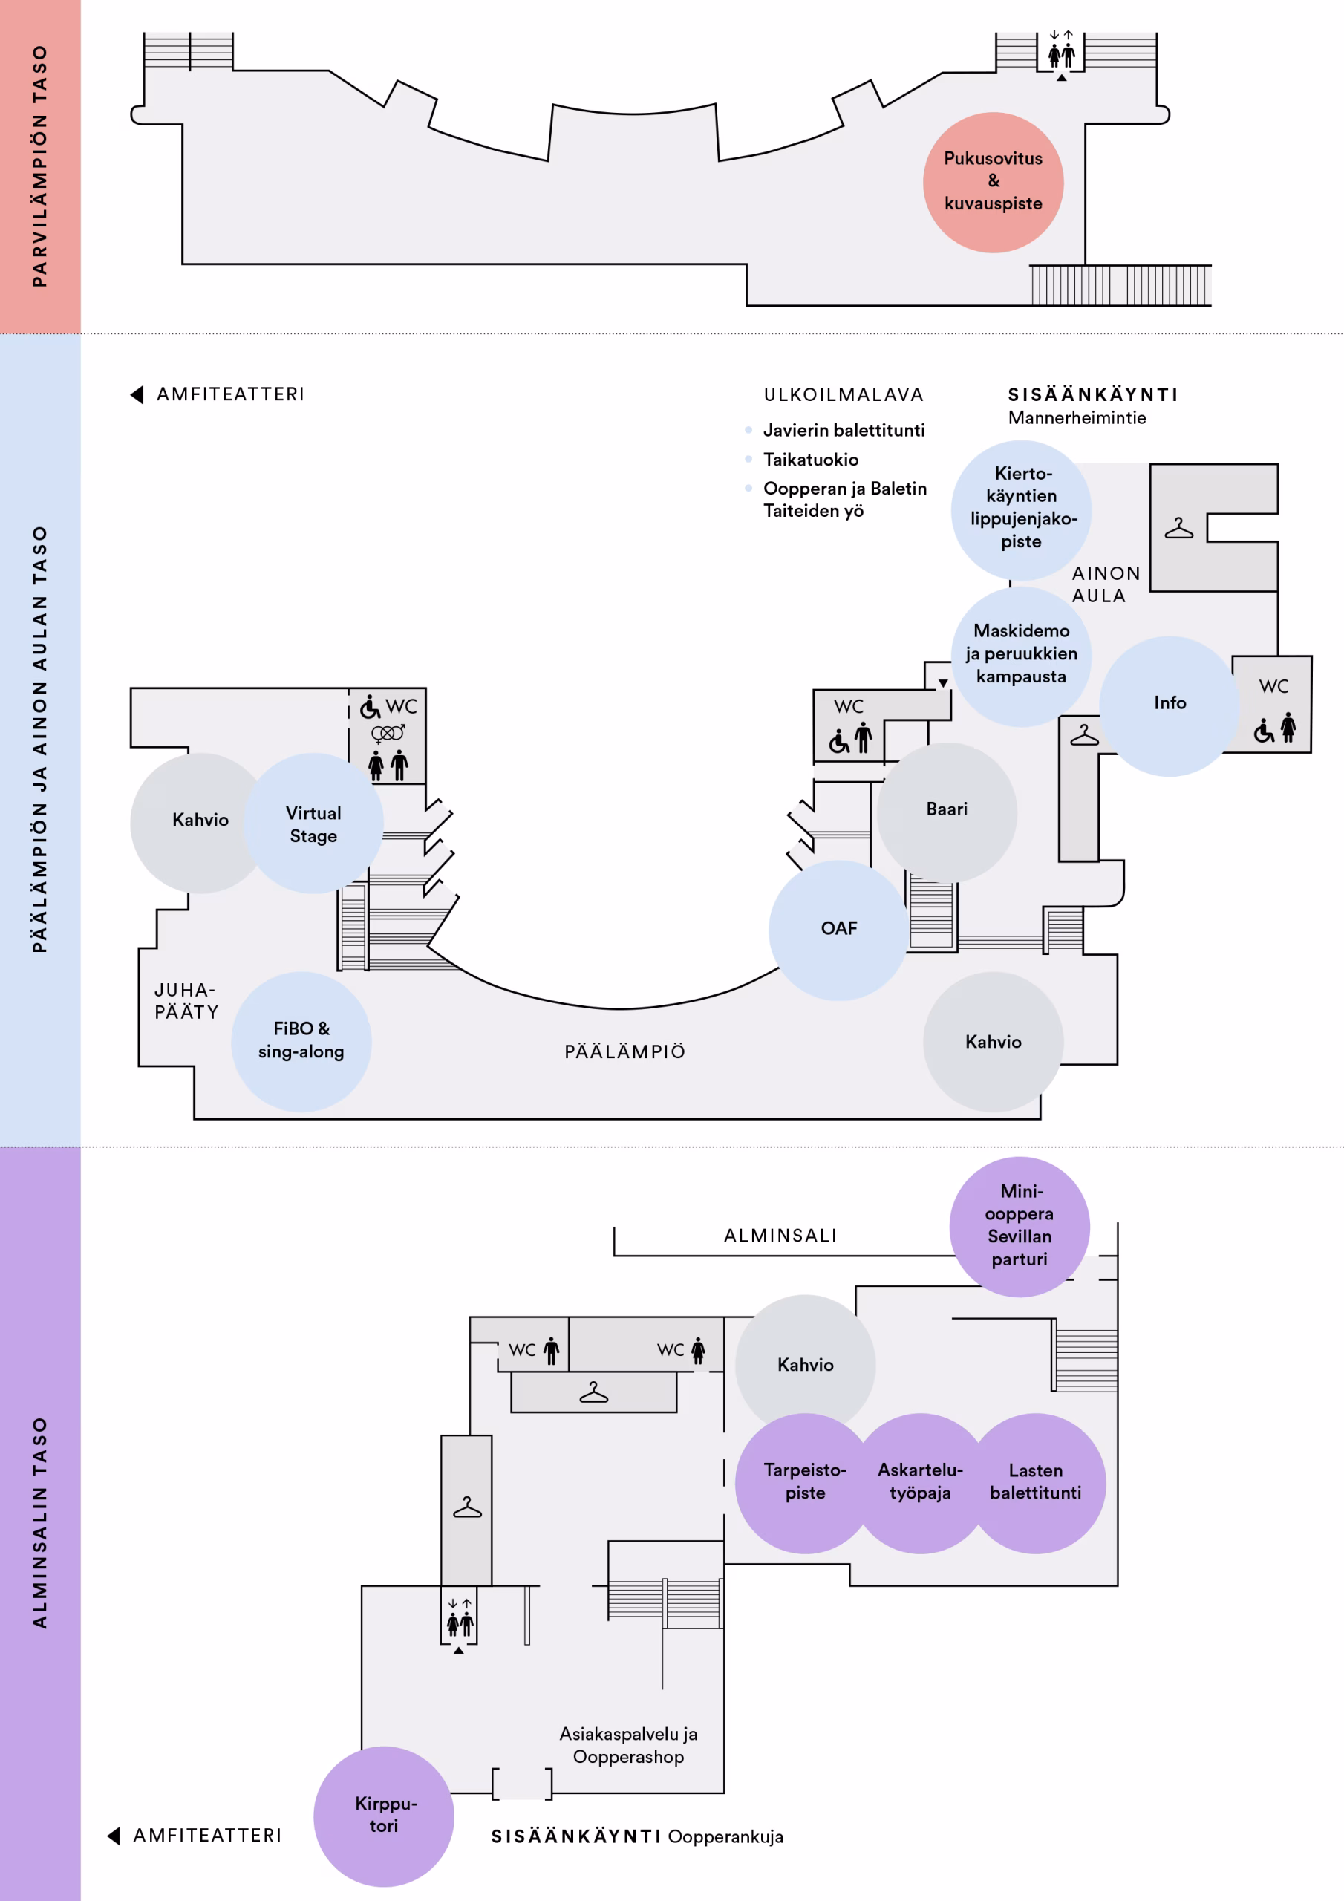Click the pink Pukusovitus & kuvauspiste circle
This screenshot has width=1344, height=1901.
(993, 182)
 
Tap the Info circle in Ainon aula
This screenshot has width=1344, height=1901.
(1170, 705)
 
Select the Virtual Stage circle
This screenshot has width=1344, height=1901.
(313, 823)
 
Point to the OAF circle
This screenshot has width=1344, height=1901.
(839, 930)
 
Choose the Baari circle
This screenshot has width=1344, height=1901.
(947, 812)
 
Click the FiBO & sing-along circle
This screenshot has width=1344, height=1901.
(301, 1042)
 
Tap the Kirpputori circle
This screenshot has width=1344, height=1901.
(383, 1816)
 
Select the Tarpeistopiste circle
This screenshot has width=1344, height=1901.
(805, 1483)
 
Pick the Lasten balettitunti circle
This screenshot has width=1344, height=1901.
(1035, 1483)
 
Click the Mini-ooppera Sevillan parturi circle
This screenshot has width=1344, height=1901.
(1020, 1226)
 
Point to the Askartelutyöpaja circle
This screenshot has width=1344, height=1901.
(920, 1483)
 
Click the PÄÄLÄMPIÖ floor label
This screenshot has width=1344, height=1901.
(625, 1051)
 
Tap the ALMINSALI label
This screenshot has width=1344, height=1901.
(780, 1236)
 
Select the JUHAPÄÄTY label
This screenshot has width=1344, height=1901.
(186, 1001)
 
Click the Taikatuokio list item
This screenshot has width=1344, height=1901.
(811, 460)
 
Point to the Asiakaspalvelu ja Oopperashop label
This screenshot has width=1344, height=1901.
(628, 1744)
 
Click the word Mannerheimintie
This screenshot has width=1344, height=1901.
(1077, 417)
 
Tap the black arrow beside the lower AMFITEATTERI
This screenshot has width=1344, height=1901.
(114, 1836)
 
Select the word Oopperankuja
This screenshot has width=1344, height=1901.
(725, 1836)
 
